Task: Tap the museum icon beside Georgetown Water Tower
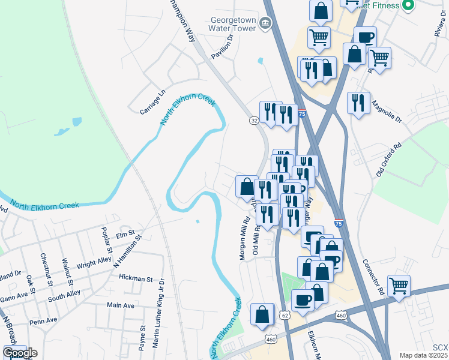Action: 266,23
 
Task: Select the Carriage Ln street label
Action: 152,103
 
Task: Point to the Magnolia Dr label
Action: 387,111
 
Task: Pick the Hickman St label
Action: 136,279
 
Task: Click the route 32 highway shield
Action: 255,121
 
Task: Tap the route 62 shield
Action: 285,314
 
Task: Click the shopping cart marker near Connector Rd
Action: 399,286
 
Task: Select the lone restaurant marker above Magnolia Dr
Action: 358,103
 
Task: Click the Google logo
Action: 20,353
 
